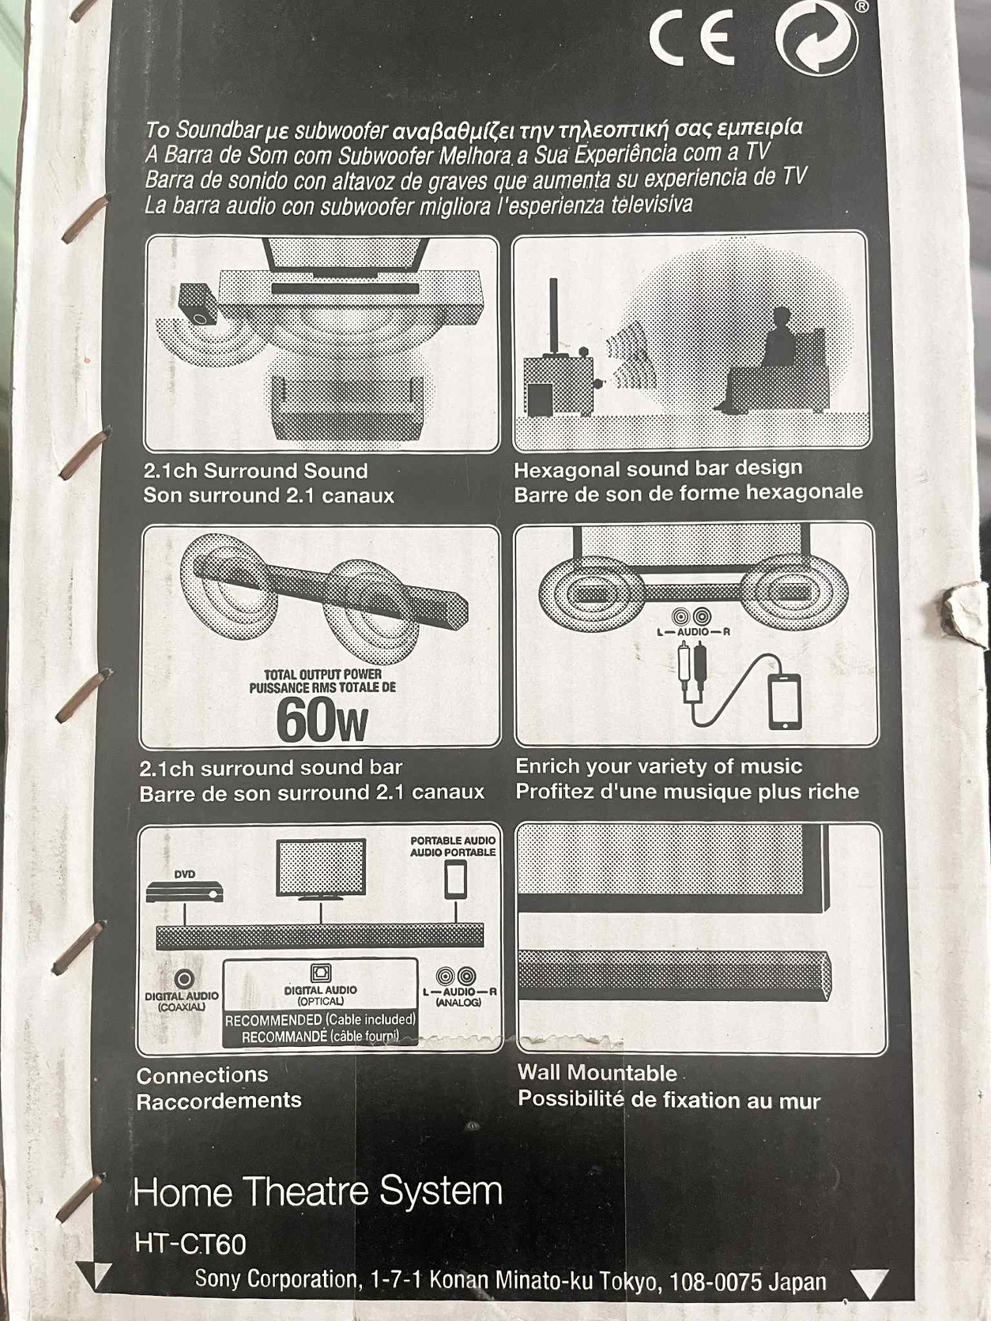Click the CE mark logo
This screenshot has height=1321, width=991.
[x=692, y=36]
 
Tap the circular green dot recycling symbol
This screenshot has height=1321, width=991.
[x=816, y=36]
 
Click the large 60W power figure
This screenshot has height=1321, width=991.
[x=322, y=721]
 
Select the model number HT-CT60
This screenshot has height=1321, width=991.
[x=190, y=1244]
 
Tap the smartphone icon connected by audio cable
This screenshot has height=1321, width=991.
[x=786, y=701]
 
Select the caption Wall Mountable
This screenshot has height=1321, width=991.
[x=597, y=1072]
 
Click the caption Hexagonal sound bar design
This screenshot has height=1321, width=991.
[x=658, y=469]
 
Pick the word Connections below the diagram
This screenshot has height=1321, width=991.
[x=202, y=1074]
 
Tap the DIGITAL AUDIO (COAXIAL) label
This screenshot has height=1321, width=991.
[x=181, y=1002]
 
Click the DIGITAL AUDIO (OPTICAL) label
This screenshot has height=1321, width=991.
[x=321, y=995]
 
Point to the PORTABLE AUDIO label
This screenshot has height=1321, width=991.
[x=453, y=840]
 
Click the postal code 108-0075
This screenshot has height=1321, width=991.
[x=715, y=1282]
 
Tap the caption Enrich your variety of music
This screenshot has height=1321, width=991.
[x=659, y=766]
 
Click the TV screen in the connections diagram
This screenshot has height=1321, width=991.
[x=321, y=867]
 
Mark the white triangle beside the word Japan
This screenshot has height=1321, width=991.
[x=871, y=1284]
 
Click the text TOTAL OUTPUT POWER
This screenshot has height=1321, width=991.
[x=322, y=674]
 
